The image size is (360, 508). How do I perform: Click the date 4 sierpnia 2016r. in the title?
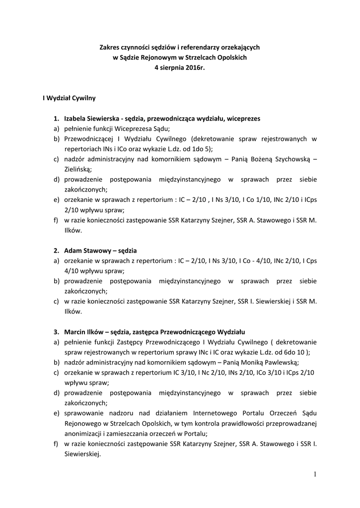tap(179, 67)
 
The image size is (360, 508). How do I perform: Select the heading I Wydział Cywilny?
tap(69, 98)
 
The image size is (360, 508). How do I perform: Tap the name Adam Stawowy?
tap(84, 251)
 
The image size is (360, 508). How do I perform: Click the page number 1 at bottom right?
tap(315, 474)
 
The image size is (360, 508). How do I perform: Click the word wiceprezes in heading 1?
tap(244, 119)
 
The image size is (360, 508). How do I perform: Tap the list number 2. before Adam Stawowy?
tap(57, 251)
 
